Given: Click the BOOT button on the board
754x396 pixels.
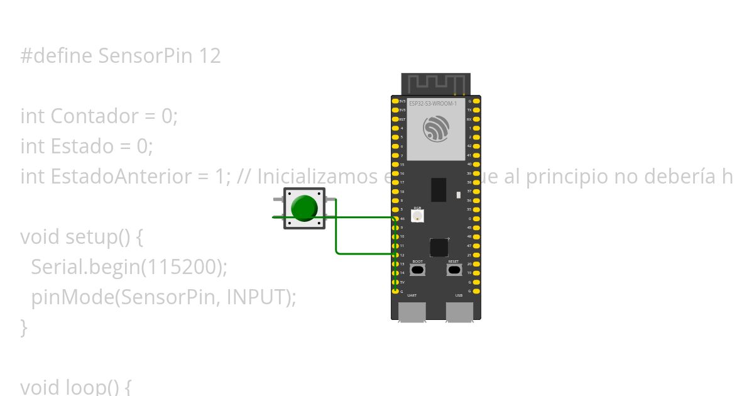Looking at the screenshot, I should tap(417, 270).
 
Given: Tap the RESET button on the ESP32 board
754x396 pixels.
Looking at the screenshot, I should tap(454, 270).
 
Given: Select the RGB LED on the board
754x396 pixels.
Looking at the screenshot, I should tap(417, 216).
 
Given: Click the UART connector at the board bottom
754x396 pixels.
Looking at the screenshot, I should tap(412, 311).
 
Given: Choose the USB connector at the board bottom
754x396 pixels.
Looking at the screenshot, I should tap(459, 311).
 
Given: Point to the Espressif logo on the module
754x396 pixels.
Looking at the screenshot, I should tap(436, 129).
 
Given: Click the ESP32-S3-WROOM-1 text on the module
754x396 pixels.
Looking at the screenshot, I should tap(432, 103).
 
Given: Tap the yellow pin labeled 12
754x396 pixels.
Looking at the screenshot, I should tap(395, 255).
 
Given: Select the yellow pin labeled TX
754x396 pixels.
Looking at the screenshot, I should tap(476, 110).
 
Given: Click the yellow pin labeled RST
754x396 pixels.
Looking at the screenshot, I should tap(395, 119).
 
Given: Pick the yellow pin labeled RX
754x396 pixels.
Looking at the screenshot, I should tap(476, 119).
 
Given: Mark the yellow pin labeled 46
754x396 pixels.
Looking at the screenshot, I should tap(395, 218).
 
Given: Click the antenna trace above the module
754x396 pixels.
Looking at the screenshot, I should tap(435, 83).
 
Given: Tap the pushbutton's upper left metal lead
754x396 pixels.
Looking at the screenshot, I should tap(278, 199).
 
